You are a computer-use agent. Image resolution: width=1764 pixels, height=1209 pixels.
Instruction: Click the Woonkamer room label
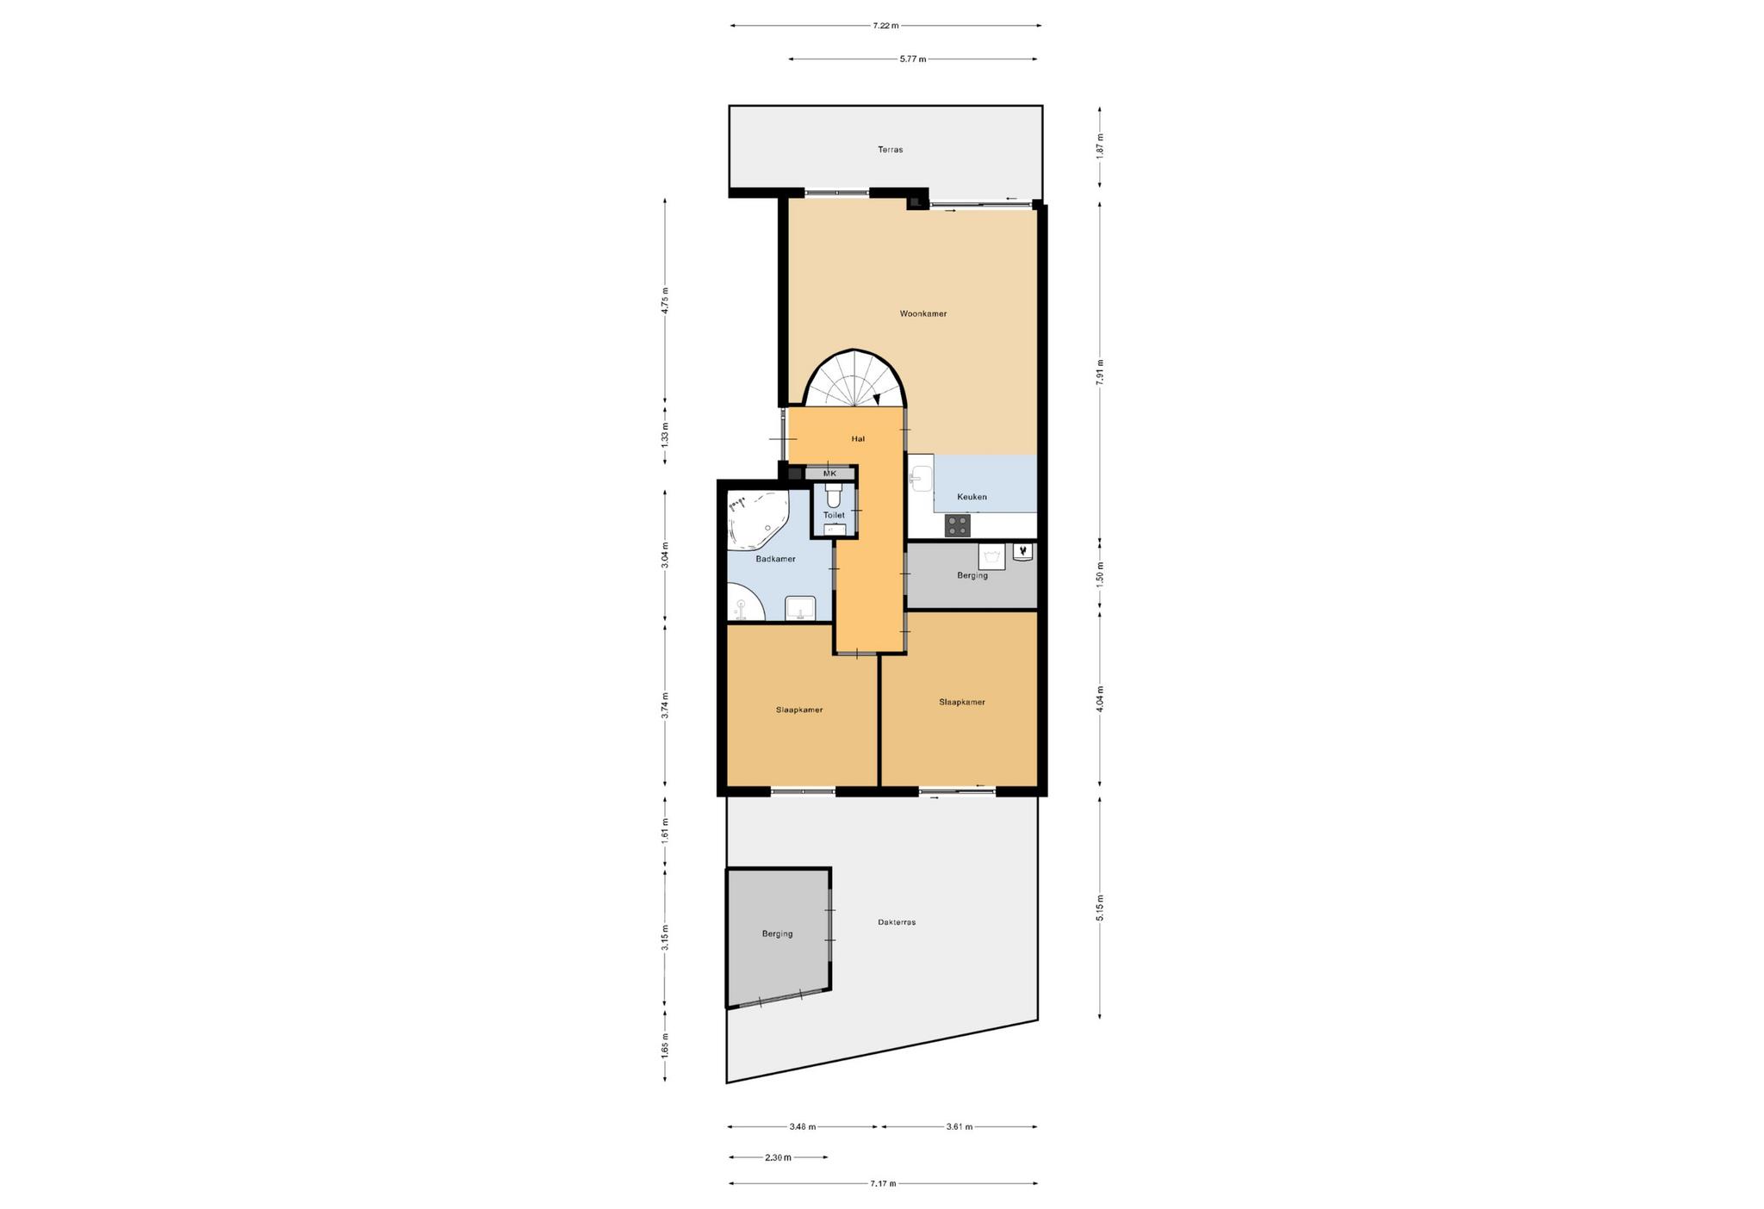[x=922, y=313]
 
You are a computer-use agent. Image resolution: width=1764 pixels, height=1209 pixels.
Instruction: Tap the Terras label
[x=890, y=150]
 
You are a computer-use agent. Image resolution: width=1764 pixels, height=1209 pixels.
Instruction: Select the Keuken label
[x=972, y=497]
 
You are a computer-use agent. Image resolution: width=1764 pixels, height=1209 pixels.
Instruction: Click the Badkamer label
[x=775, y=559]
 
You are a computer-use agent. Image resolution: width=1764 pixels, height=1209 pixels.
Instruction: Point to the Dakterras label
[x=897, y=922]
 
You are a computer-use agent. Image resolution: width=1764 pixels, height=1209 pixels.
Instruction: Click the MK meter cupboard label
[x=829, y=474]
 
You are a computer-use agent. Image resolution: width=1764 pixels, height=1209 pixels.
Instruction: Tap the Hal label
[x=858, y=439]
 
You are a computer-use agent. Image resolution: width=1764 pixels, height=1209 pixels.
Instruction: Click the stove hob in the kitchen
[x=958, y=524]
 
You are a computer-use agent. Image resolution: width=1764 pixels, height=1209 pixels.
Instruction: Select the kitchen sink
[x=921, y=479]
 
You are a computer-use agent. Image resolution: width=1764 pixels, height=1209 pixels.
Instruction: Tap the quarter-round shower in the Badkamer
[x=745, y=602]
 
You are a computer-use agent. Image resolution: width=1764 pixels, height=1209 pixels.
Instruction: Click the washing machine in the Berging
[x=991, y=557]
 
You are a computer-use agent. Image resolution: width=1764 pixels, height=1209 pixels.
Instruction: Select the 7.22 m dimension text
[x=885, y=26]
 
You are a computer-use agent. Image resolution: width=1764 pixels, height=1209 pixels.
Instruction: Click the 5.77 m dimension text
[x=913, y=59]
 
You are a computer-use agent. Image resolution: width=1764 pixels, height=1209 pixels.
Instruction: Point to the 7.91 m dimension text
[x=1100, y=373]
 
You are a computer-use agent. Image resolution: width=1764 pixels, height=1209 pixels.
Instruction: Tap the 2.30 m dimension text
[x=778, y=1157]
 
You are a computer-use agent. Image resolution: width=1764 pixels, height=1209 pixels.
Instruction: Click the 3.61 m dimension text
[x=959, y=1126]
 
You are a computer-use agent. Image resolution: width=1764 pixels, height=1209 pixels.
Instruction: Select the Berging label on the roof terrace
[x=777, y=933]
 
